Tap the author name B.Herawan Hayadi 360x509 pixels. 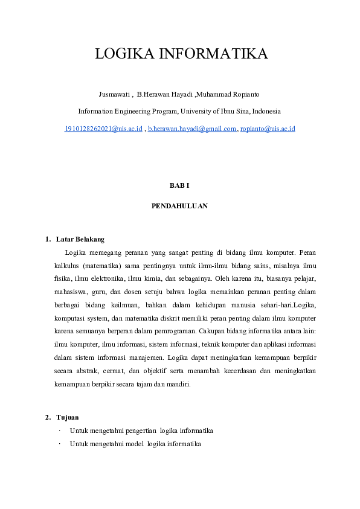[164, 94]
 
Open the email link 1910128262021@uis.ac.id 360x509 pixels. [103, 129]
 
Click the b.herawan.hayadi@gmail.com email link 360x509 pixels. [192, 129]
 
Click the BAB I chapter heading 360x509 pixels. [179, 185]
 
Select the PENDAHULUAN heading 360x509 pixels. [179, 205]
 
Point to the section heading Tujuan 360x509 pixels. [68, 417]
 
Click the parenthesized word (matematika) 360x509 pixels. [103, 266]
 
